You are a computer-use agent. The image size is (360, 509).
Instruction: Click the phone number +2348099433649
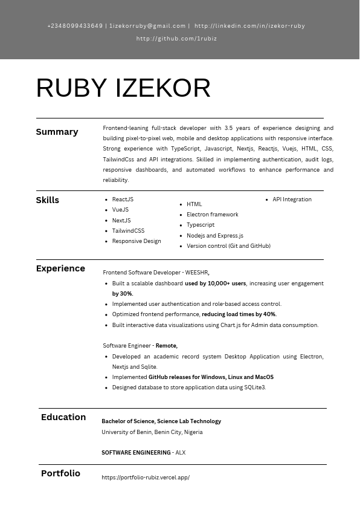pyautogui.click(x=75, y=26)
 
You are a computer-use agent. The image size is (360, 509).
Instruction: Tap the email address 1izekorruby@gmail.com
pyautogui.click(x=147, y=26)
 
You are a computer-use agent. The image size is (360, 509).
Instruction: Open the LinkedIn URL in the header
pyautogui.click(x=249, y=26)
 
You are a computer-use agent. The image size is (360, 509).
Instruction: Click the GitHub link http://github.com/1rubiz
pyautogui.click(x=176, y=39)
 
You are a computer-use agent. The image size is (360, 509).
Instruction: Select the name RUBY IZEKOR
pyautogui.click(x=123, y=88)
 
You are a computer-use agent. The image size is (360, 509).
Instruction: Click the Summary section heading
pyautogui.click(x=57, y=132)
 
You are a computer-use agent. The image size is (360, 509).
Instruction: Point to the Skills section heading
pyautogui.click(x=48, y=200)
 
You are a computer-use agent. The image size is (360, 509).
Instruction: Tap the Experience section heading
pyautogui.click(x=60, y=268)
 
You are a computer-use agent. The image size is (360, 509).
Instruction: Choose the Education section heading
pyautogui.click(x=63, y=417)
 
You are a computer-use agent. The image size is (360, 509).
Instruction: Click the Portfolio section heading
pyautogui.click(x=60, y=473)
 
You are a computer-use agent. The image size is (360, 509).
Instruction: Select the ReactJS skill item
pyautogui.click(x=123, y=199)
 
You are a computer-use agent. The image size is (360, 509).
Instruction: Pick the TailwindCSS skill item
pyautogui.click(x=128, y=231)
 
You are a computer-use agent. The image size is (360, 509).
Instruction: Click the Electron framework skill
pyautogui.click(x=212, y=215)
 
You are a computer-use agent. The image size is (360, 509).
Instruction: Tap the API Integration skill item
pyautogui.click(x=292, y=199)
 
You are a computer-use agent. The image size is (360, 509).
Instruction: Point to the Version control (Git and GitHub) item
pyautogui.click(x=228, y=246)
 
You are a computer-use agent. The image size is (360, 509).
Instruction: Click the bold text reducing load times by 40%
pyautogui.click(x=239, y=314)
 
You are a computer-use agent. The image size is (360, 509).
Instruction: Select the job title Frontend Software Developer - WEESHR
pyautogui.click(x=156, y=273)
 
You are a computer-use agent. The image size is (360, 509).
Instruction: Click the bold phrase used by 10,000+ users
pyautogui.click(x=215, y=284)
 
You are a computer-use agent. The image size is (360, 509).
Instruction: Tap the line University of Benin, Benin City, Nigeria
pyautogui.click(x=152, y=432)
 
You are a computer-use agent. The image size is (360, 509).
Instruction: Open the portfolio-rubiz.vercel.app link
pyautogui.click(x=146, y=478)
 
